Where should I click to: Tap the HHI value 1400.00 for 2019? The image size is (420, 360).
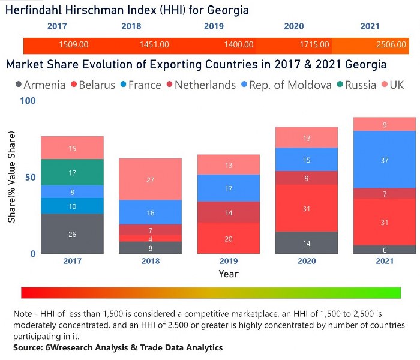pyautogui.click(x=239, y=45)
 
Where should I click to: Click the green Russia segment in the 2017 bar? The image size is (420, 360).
pyautogui.click(x=72, y=172)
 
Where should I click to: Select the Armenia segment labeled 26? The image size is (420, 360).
pyautogui.click(x=72, y=234)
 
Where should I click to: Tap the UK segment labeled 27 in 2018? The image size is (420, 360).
pyautogui.click(x=150, y=179)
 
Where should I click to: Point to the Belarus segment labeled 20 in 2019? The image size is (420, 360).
pyautogui.click(x=229, y=238)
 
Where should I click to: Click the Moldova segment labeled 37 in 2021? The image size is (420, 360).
pyautogui.click(x=385, y=160)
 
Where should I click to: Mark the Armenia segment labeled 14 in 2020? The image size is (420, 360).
pyautogui.click(x=307, y=243)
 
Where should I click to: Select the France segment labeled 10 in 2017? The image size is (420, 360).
pyautogui.click(x=72, y=206)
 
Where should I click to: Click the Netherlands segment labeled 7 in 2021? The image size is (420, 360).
pyautogui.click(x=385, y=194)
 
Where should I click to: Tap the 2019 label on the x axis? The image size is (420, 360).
pyautogui.click(x=229, y=262)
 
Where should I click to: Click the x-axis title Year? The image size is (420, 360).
pyautogui.click(x=229, y=274)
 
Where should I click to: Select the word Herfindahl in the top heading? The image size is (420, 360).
pyautogui.click(x=35, y=10)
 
